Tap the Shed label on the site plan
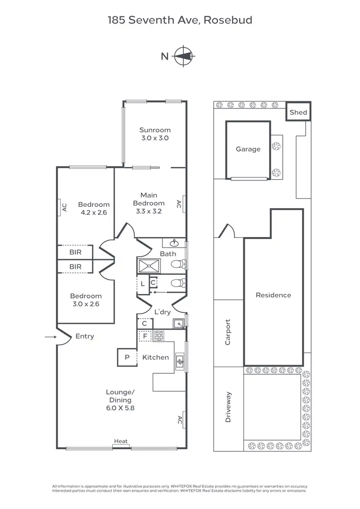(298, 113)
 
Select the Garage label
(248, 149)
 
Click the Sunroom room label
(155, 130)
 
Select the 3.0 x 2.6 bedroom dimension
(86, 304)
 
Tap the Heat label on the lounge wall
(120, 441)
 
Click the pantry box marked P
(127, 357)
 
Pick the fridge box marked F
(145, 336)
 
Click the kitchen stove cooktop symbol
(158, 336)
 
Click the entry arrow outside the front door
(50, 337)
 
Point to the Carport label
(228, 332)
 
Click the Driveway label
(228, 407)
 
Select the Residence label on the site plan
(273, 295)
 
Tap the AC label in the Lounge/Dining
(179, 420)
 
